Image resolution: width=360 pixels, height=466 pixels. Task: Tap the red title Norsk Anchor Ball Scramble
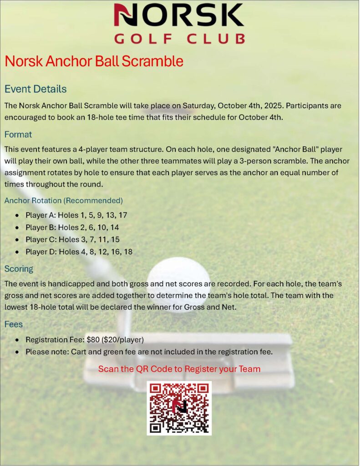94,61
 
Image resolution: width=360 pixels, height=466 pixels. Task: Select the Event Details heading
35,89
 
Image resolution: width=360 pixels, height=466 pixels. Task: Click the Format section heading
18,135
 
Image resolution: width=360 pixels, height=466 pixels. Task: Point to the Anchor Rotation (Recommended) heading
63,200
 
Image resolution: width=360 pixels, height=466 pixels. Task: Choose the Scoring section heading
19,268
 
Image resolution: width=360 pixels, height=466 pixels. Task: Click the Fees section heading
14,325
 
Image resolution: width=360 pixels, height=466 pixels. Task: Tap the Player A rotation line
76,215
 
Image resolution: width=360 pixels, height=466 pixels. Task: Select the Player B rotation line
72,227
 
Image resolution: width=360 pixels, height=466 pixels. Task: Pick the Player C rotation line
72,239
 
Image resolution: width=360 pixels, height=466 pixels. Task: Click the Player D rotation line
79,252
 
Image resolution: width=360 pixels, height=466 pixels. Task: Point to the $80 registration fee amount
92,339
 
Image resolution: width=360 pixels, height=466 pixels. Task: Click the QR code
179,408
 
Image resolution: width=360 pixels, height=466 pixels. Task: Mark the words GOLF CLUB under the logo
179,39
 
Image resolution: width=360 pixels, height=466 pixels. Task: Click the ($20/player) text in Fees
122,339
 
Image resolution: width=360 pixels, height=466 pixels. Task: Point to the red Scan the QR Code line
179,369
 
